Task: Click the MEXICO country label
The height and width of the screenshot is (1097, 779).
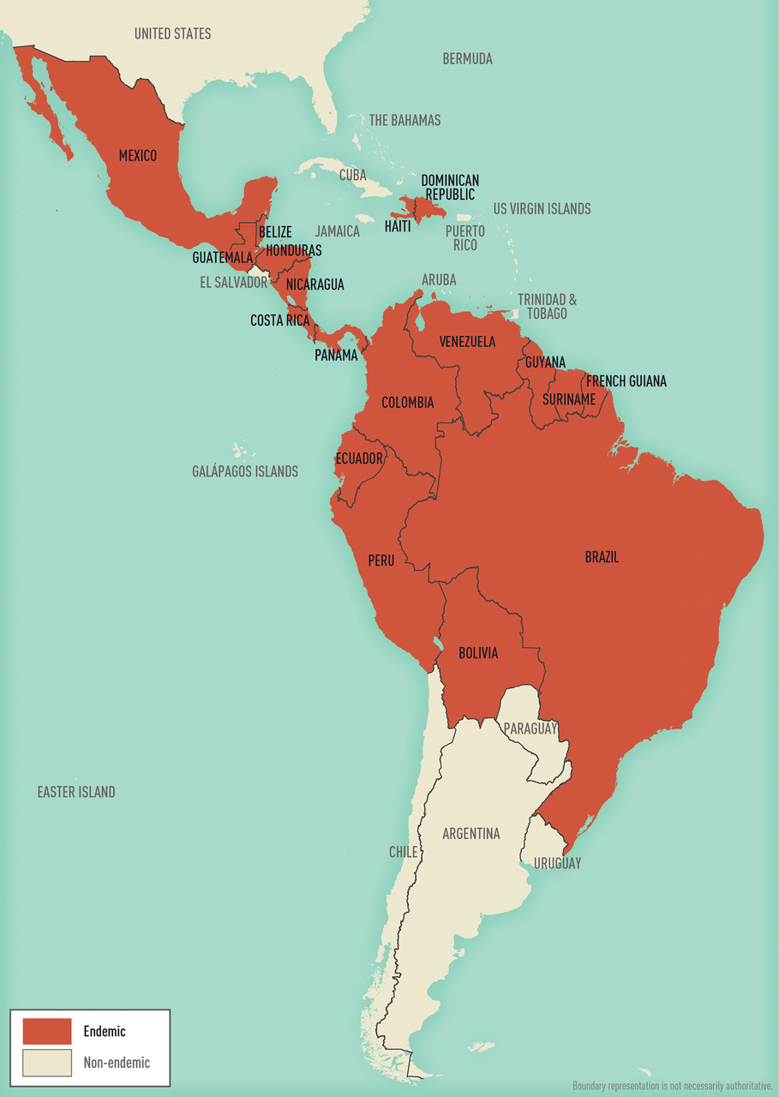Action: pyautogui.click(x=137, y=155)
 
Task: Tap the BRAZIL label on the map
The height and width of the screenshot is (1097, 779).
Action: pyautogui.click(x=602, y=557)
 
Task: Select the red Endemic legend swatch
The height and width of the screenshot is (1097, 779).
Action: pyautogui.click(x=47, y=1031)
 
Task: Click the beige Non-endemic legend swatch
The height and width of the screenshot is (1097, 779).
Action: pyautogui.click(x=47, y=1063)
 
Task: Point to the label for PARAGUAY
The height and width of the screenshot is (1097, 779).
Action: pyautogui.click(x=530, y=728)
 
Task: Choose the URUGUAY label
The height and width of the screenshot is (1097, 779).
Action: pyautogui.click(x=557, y=863)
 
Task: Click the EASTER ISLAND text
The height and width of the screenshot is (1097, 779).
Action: pyautogui.click(x=75, y=792)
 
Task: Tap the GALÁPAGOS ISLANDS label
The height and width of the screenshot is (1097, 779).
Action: pyautogui.click(x=245, y=471)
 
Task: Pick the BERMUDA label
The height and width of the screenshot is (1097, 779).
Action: pyautogui.click(x=467, y=59)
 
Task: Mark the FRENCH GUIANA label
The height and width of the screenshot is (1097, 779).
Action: pyautogui.click(x=626, y=381)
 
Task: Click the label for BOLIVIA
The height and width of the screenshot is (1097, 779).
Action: pyautogui.click(x=478, y=653)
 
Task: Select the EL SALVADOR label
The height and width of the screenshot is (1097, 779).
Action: pyautogui.click(x=233, y=282)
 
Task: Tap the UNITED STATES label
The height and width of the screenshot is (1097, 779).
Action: pyautogui.click(x=172, y=33)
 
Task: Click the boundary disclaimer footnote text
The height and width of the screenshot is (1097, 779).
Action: pyautogui.click(x=673, y=1085)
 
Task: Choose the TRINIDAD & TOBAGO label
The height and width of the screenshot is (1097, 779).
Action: pyautogui.click(x=547, y=306)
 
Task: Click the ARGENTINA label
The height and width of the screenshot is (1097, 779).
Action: pyautogui.click(x=470, y=834)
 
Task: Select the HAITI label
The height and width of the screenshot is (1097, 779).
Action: pyautogui.click(x=398, y=226)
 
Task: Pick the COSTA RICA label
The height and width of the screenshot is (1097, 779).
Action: pyautogui.click(x=279, y=321)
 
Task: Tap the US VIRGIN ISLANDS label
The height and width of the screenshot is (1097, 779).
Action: pyautogui.click(x=542, y=208)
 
